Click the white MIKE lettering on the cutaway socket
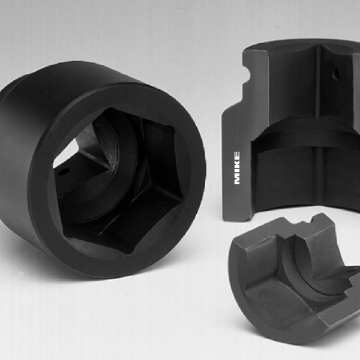pos(238,167)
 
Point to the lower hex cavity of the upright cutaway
pos(288,180)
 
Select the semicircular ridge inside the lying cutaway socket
pos(300,264)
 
